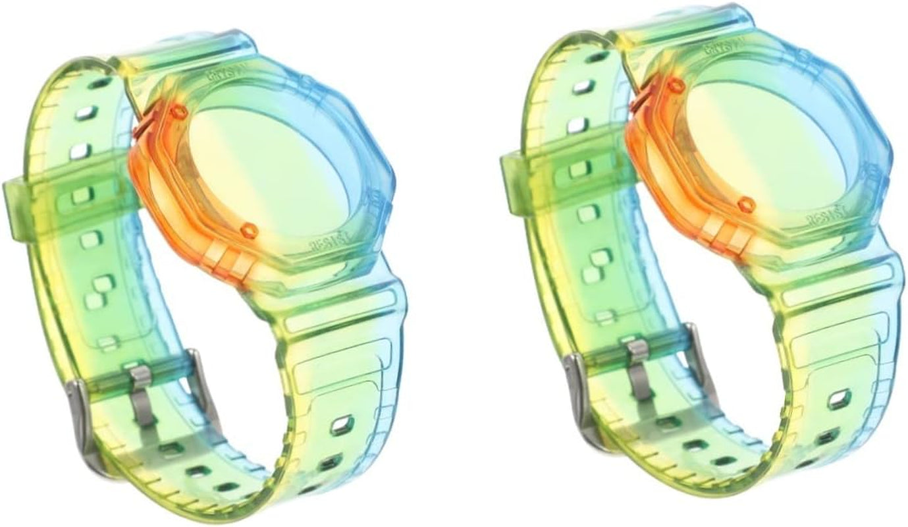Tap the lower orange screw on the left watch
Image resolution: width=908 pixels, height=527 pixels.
(x=248, y=230)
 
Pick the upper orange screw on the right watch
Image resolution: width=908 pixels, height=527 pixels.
(x=673, y=86)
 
